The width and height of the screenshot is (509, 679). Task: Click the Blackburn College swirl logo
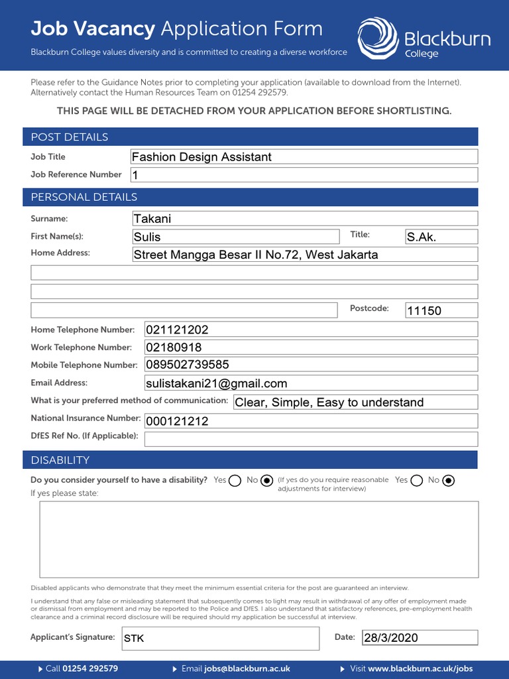(378, 38)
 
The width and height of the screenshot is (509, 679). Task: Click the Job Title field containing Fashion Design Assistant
(304, 157)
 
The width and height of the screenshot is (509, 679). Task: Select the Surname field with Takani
(304, 219)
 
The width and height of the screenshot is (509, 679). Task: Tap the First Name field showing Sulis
(235, 237)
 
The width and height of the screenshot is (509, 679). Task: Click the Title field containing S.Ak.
(441, 237)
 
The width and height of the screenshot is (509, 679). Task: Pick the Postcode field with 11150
(441, 310)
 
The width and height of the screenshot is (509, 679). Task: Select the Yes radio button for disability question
(235, 481)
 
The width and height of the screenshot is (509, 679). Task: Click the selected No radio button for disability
(267, 481)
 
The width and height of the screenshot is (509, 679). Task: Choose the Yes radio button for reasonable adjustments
(417, 481)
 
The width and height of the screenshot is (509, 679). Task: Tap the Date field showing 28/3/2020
(419, 638)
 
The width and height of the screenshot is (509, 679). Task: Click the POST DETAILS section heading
(70, 137)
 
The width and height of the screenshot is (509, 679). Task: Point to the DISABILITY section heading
(60, 460)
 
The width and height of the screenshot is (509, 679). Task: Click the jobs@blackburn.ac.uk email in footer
(247, 668)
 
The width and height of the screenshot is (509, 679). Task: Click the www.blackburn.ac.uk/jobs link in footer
(420, 668)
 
